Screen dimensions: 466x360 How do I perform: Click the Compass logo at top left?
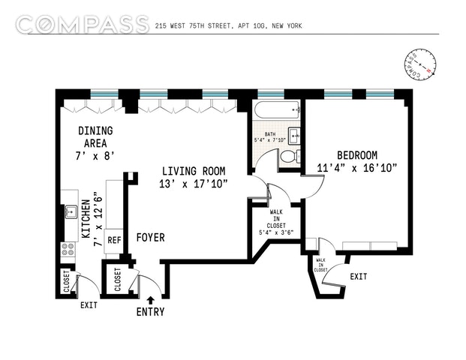tap(83, 24)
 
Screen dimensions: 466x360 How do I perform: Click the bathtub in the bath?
tap(277, 110)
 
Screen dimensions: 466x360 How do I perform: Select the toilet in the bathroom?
tap(290, 156)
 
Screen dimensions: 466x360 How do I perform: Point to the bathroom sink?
tap(294, 136)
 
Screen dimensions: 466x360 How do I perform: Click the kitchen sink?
tap(71, 211)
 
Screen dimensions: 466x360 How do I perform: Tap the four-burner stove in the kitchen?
tap(68, 249)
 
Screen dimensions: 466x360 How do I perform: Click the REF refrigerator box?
tap(114, 240)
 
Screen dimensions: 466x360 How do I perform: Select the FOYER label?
tap(150, 237)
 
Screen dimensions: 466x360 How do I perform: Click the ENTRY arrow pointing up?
tap(151, 300)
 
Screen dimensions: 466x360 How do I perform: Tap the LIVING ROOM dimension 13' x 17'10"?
tap(193, 184)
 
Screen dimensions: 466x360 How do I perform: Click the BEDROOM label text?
tap(357, 155)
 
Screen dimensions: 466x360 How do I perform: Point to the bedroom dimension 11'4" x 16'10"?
tap(357, 168)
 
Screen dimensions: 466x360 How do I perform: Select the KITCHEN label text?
tap(86, 219)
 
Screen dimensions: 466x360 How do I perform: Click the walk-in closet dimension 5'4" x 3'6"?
tap(276, 232)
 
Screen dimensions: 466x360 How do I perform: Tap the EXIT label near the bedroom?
tap(359, 277)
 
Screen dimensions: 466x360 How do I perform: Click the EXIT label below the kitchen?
tap(89, 305)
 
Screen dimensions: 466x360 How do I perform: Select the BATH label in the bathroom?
tap(270, 134)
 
